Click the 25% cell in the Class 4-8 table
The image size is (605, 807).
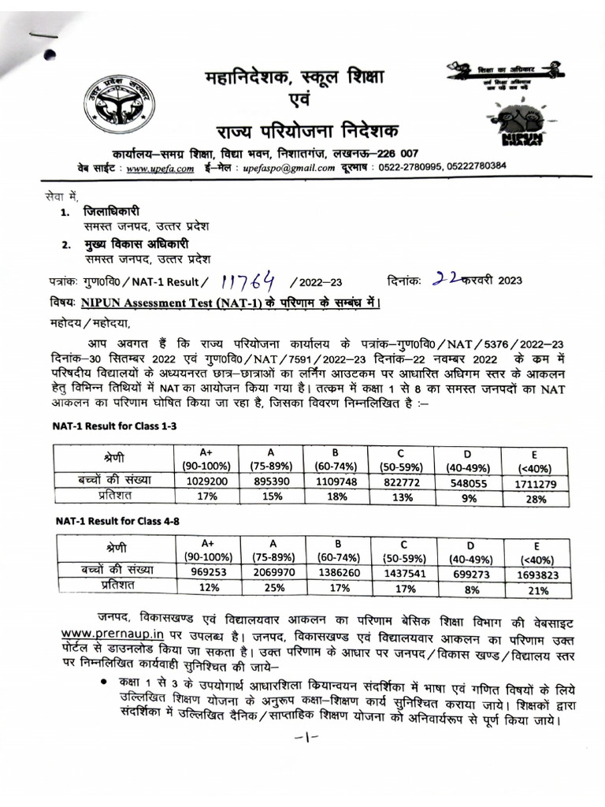(276, 587)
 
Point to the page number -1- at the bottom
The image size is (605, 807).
(303, 738)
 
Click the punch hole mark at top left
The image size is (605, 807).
(51, 55)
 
